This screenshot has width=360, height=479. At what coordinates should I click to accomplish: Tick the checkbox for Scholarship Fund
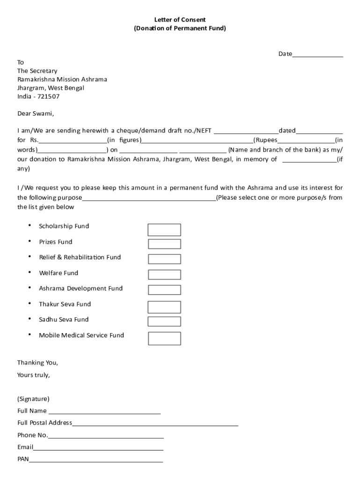[164, 230]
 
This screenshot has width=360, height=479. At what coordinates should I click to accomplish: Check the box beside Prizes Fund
[164, 244]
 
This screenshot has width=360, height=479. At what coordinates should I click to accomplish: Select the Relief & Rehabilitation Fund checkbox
[164, 259]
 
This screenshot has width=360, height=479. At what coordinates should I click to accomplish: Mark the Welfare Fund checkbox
[164, 275]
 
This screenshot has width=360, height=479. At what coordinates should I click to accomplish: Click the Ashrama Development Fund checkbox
[164, 290]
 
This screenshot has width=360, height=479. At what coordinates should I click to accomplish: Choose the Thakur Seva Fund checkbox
[164, 307]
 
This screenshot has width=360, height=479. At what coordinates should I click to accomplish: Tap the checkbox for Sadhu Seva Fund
[164, 321]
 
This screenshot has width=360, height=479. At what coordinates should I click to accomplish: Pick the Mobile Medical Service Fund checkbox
[164, 338]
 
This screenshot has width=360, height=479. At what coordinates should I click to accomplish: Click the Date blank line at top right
[317, 54]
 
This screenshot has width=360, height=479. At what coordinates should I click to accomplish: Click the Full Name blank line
[104, 412]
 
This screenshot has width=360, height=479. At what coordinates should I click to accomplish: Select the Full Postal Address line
[155, 423]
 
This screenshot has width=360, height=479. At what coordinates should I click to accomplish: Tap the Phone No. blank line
[106, 435]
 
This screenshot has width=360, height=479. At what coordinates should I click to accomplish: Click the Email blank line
[98, 448]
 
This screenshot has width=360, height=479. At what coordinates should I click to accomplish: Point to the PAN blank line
[96, 459]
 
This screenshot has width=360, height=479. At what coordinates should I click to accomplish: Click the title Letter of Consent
[180, 20]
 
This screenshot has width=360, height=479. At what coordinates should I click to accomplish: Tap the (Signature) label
[33, 399]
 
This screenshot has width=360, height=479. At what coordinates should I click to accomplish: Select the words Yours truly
[34, 375]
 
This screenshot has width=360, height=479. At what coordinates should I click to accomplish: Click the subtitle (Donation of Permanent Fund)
[180, 28]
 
